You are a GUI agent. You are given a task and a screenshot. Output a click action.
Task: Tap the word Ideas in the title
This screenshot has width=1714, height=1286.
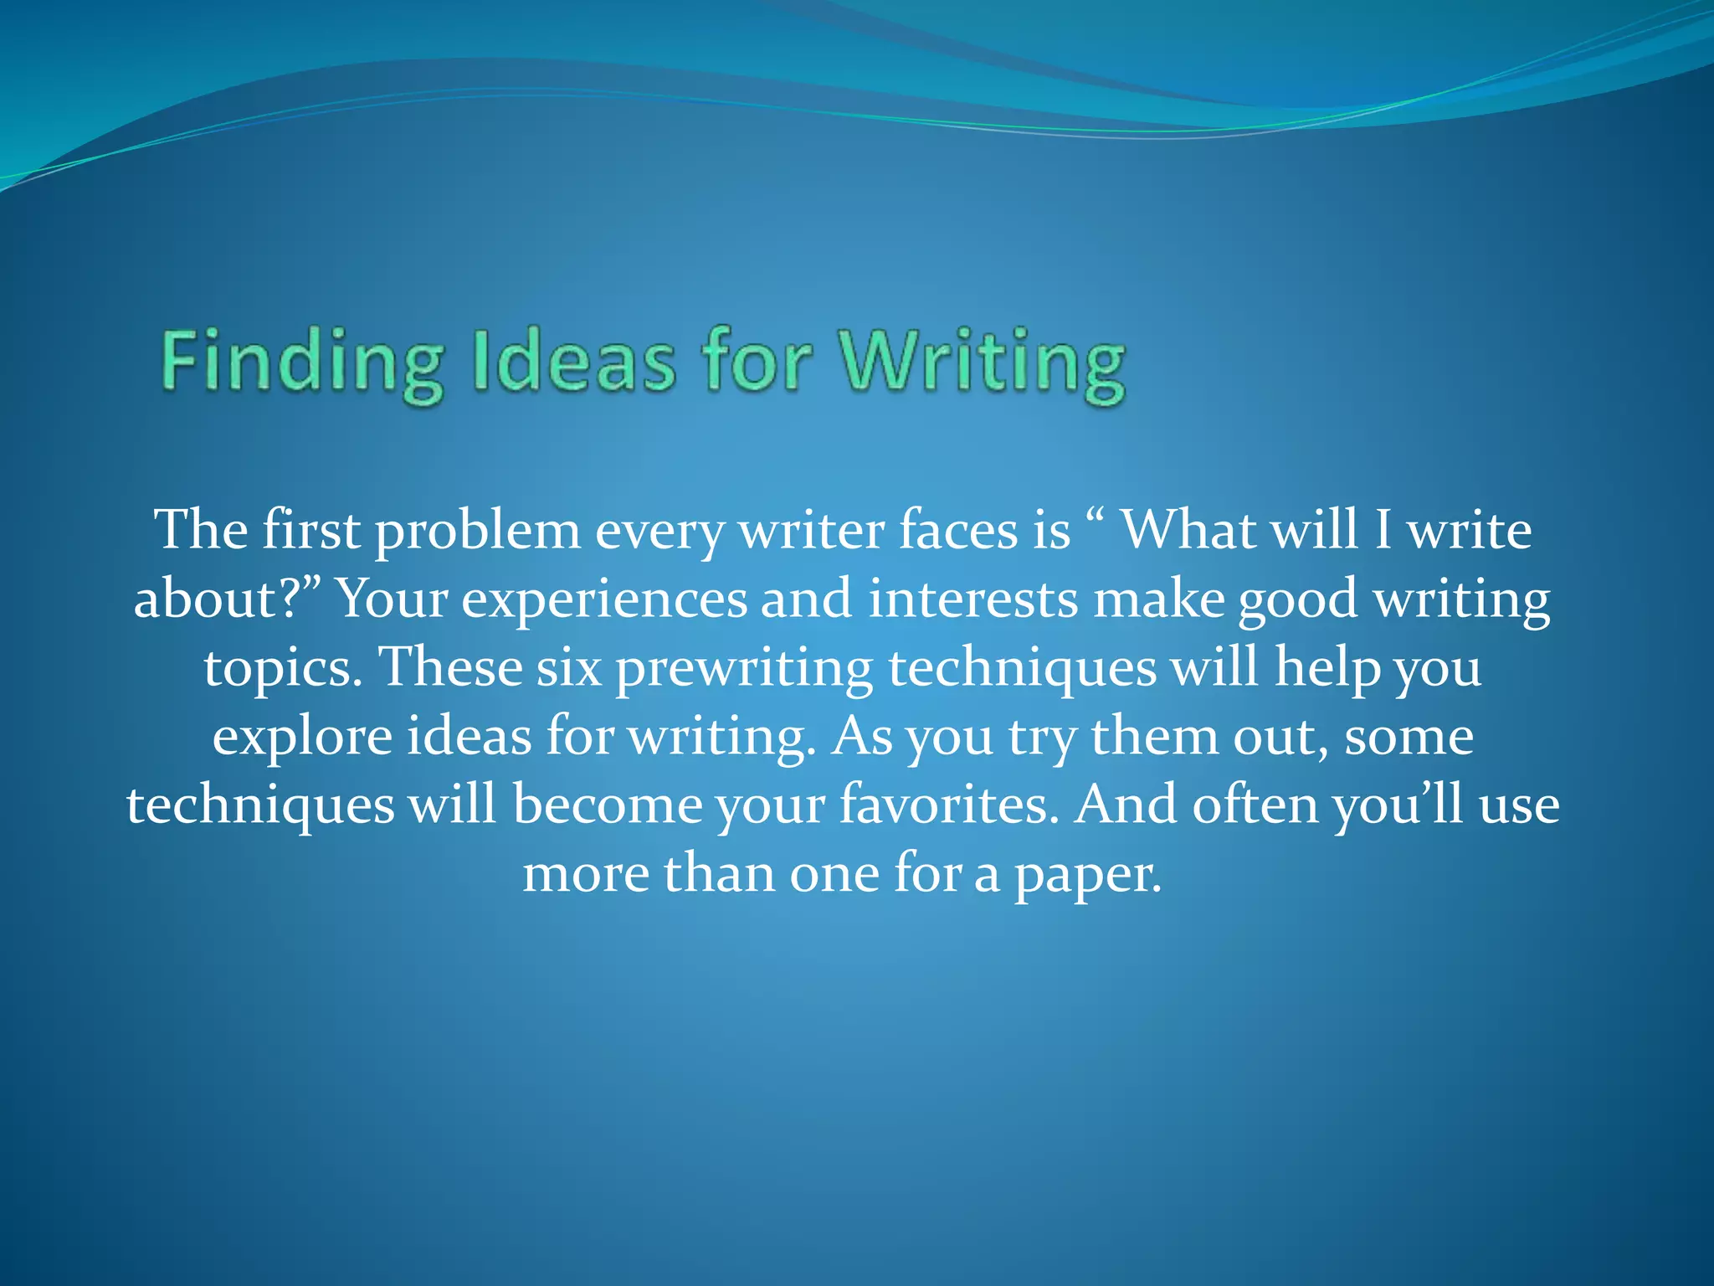574,363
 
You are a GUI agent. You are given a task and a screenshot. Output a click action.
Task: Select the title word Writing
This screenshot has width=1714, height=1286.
984,363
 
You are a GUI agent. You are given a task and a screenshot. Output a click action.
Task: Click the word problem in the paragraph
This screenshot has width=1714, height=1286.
477,531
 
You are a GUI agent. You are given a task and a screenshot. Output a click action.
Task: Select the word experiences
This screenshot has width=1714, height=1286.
604,599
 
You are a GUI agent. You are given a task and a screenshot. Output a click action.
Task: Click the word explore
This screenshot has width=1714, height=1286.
302,737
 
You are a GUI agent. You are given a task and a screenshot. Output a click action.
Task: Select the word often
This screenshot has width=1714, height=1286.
1255,805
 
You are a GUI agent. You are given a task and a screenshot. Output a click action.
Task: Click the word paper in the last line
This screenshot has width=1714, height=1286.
1088,874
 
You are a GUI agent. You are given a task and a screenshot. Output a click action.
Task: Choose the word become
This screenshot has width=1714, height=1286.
608,805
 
